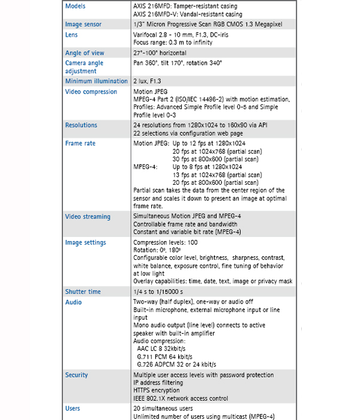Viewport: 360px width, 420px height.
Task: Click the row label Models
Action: tap(76, 6)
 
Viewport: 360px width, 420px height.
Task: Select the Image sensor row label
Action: tap(83, 25)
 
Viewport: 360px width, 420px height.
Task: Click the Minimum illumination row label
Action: tap(96, 81)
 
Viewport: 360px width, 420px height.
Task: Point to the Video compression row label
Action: tap(91, 92)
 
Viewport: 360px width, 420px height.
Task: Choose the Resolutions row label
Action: tap(81, 125)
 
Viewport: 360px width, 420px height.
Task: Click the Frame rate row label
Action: tap(80, 144)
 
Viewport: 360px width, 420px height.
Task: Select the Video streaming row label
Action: tap(88, 217)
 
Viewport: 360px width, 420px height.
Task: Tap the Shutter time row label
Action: tap(83, 292)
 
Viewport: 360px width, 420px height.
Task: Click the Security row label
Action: tap(77, 375)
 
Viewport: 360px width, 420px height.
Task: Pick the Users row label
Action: tap(73, 409)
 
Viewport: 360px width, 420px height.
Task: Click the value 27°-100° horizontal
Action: tap(160, 53)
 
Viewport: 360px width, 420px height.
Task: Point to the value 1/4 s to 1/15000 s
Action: tap(159, 292)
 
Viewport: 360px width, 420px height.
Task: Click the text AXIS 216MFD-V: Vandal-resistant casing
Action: tap(187, 14)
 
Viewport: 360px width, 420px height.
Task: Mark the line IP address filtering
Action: tap(158, 382)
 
